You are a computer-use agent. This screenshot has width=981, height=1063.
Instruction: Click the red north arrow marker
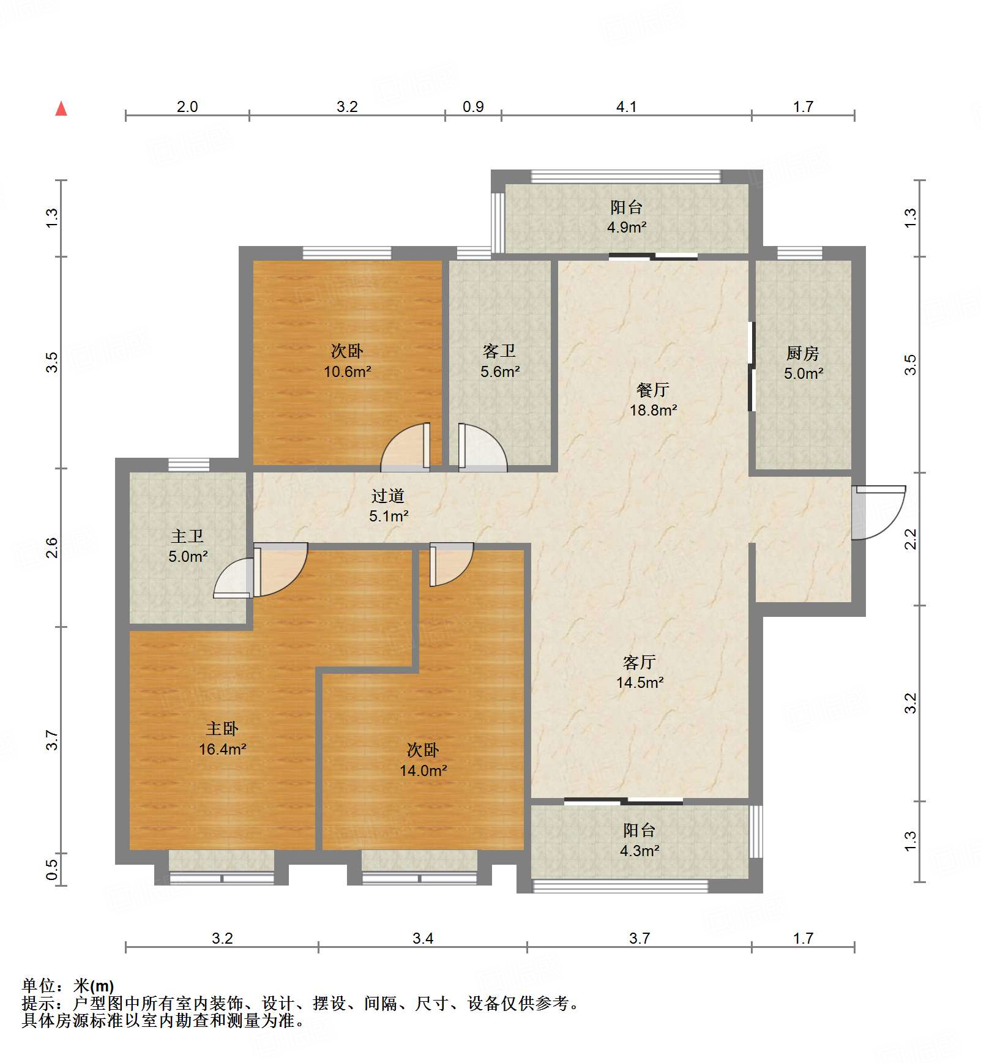61,109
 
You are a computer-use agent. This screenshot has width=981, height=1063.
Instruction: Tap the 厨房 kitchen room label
802,353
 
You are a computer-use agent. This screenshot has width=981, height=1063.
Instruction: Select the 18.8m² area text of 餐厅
653,410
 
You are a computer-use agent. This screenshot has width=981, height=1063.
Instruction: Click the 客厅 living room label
639,662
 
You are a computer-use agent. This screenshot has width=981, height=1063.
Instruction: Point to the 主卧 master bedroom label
222,728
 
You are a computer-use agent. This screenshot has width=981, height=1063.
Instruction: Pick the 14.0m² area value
423,770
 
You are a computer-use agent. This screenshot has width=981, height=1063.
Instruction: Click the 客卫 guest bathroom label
499,351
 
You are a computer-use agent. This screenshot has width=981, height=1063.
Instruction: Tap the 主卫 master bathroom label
187,536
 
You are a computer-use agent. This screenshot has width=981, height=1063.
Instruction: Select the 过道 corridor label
387,496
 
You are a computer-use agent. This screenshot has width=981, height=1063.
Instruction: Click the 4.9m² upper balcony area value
626,227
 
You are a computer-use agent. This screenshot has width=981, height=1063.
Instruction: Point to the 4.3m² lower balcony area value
639,851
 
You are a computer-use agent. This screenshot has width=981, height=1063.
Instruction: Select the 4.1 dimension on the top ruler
626,106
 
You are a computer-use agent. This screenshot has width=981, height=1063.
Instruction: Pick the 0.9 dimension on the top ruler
473,106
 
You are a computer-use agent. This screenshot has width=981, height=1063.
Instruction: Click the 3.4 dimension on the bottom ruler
422,938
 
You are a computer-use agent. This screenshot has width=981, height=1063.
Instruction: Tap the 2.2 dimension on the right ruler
911,539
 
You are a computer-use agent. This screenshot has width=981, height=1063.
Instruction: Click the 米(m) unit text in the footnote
94,986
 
